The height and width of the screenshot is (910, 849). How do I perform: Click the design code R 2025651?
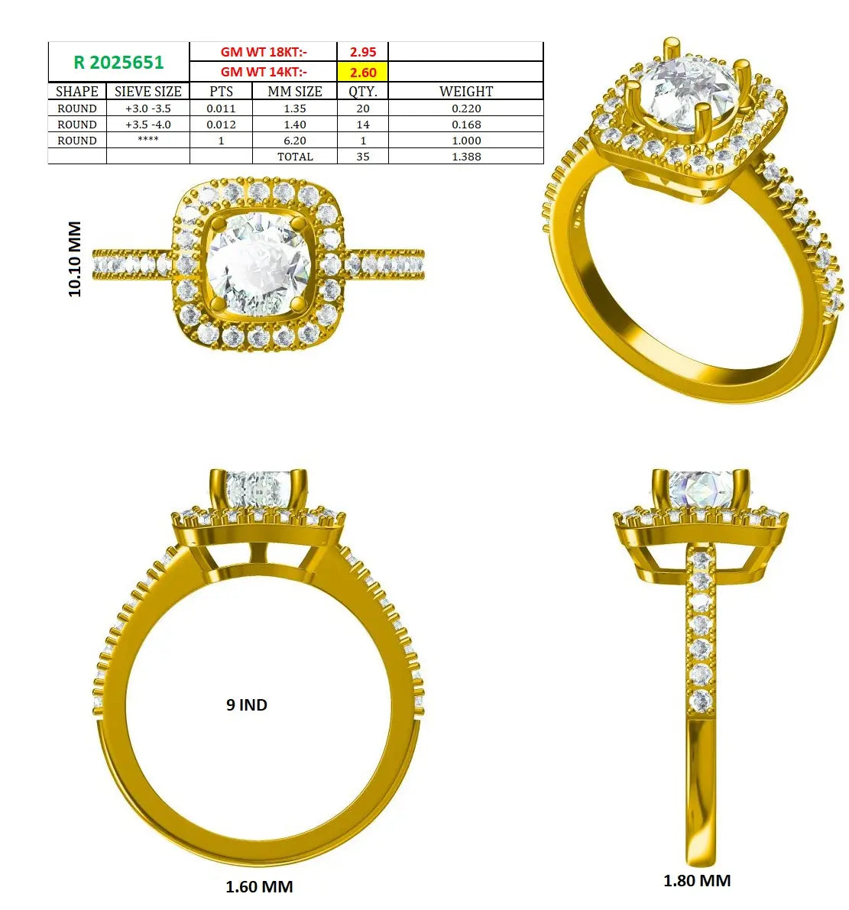click(118, 62)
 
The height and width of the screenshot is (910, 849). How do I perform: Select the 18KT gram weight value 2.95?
click(363, 52)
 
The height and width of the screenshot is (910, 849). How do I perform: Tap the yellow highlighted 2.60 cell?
click(363, 72)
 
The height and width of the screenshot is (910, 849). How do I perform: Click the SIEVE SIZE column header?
click(148, 91)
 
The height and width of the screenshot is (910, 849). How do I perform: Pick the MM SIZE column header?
click(295, 91)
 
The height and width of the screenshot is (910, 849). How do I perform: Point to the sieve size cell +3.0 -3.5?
click(148, 108)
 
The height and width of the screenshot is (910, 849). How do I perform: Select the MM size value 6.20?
click(295, 141)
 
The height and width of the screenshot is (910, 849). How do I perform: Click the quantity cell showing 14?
click(363, 125)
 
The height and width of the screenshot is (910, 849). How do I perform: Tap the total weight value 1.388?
click(466, 157)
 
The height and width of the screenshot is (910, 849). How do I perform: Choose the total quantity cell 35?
click(363, 157)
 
